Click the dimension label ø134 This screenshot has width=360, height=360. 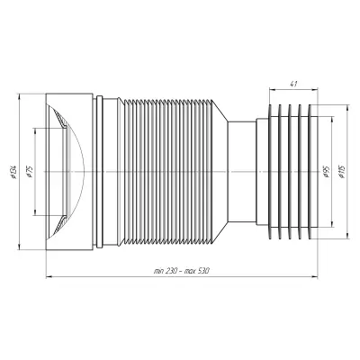[13, 172]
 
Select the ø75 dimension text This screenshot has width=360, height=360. [29, 172]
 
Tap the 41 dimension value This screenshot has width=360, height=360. [293, 84]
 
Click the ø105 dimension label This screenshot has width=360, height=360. [342, 172]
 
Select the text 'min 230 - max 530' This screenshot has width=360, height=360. [181, 271]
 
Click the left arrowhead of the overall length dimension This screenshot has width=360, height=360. [49, 276]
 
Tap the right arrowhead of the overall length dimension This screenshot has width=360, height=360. [314, 276]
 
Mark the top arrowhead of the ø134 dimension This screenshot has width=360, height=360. [19, 97]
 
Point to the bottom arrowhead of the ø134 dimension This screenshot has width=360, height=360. [19, 247]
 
